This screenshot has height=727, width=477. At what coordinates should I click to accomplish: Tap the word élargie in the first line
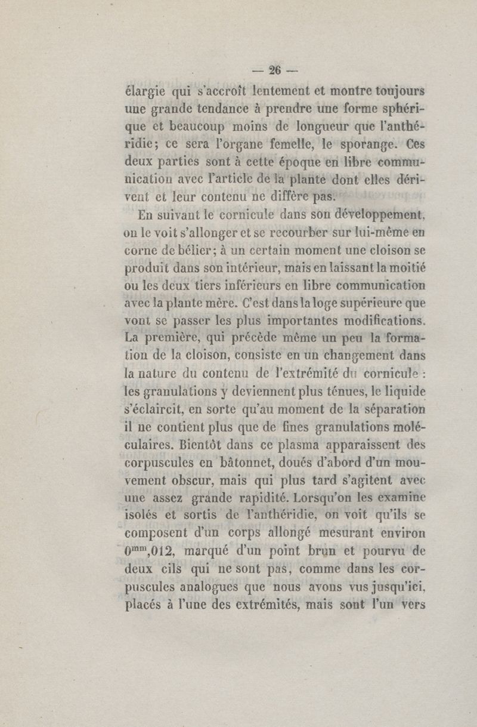coord(141,93)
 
